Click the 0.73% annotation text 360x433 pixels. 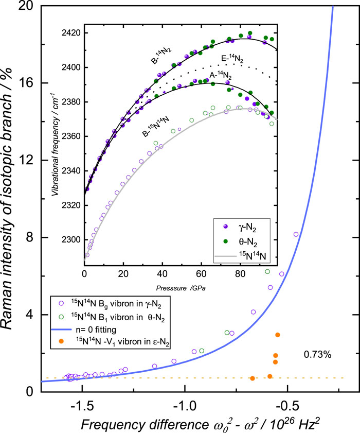317,354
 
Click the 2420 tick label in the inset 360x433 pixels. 71,33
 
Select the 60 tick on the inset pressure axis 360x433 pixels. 202,274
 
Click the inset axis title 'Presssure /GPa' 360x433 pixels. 181,288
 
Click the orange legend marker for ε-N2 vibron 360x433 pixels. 61,341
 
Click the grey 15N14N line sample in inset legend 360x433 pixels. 226,256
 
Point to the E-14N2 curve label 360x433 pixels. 232,59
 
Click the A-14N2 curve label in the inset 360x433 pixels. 221,75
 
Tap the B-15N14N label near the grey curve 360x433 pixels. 156,127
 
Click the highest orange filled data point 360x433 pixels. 278,335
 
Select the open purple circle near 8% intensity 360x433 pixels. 296,234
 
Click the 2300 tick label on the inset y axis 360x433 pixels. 71,240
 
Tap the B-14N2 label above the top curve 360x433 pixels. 161,56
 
